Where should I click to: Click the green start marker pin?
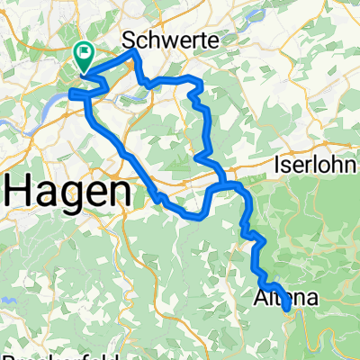click(x=85, y=57)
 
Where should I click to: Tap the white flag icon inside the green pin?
click(x=85, y=53)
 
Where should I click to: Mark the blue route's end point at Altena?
click(x=287, y=309)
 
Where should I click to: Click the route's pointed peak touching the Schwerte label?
click(x=134, y=51)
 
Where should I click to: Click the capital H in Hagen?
click(x=20, y=191)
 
